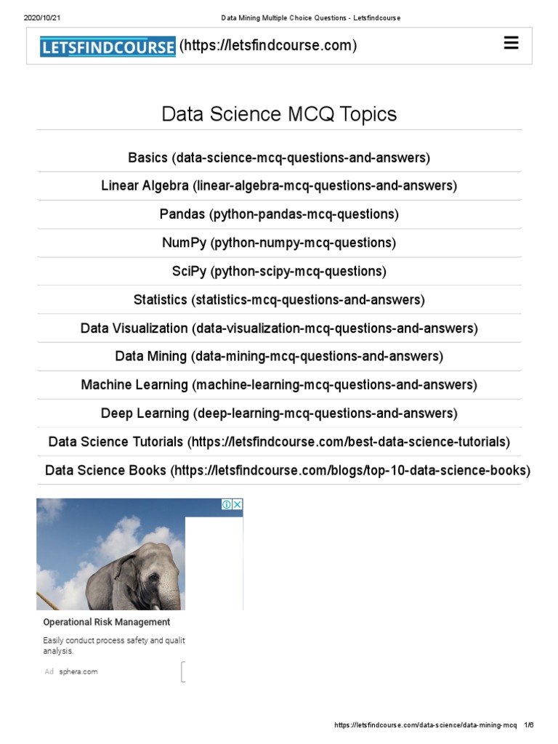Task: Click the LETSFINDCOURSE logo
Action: coord(108,46)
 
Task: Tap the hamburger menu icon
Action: coord(511,44)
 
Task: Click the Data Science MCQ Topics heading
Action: coord(279,114)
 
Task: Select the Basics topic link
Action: coord(279,158)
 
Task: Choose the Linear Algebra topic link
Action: coord(279,186)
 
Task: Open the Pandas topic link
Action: coord(279,214)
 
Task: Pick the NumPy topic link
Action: coord(279,243)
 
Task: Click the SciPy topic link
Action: coord(279,271)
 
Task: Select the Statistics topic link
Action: coord(279,299)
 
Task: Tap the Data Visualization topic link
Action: coord(279,328)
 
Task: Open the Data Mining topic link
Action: coord(279,356)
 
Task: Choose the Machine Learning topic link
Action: coord(279,384)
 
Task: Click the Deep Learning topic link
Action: coord(279,413)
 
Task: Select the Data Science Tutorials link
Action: coord(279,442)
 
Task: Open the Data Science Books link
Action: coord(288,470)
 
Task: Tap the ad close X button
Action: coord(237,504)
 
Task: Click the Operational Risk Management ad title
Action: coord(107,622)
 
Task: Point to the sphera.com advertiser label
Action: coord(78,671)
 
